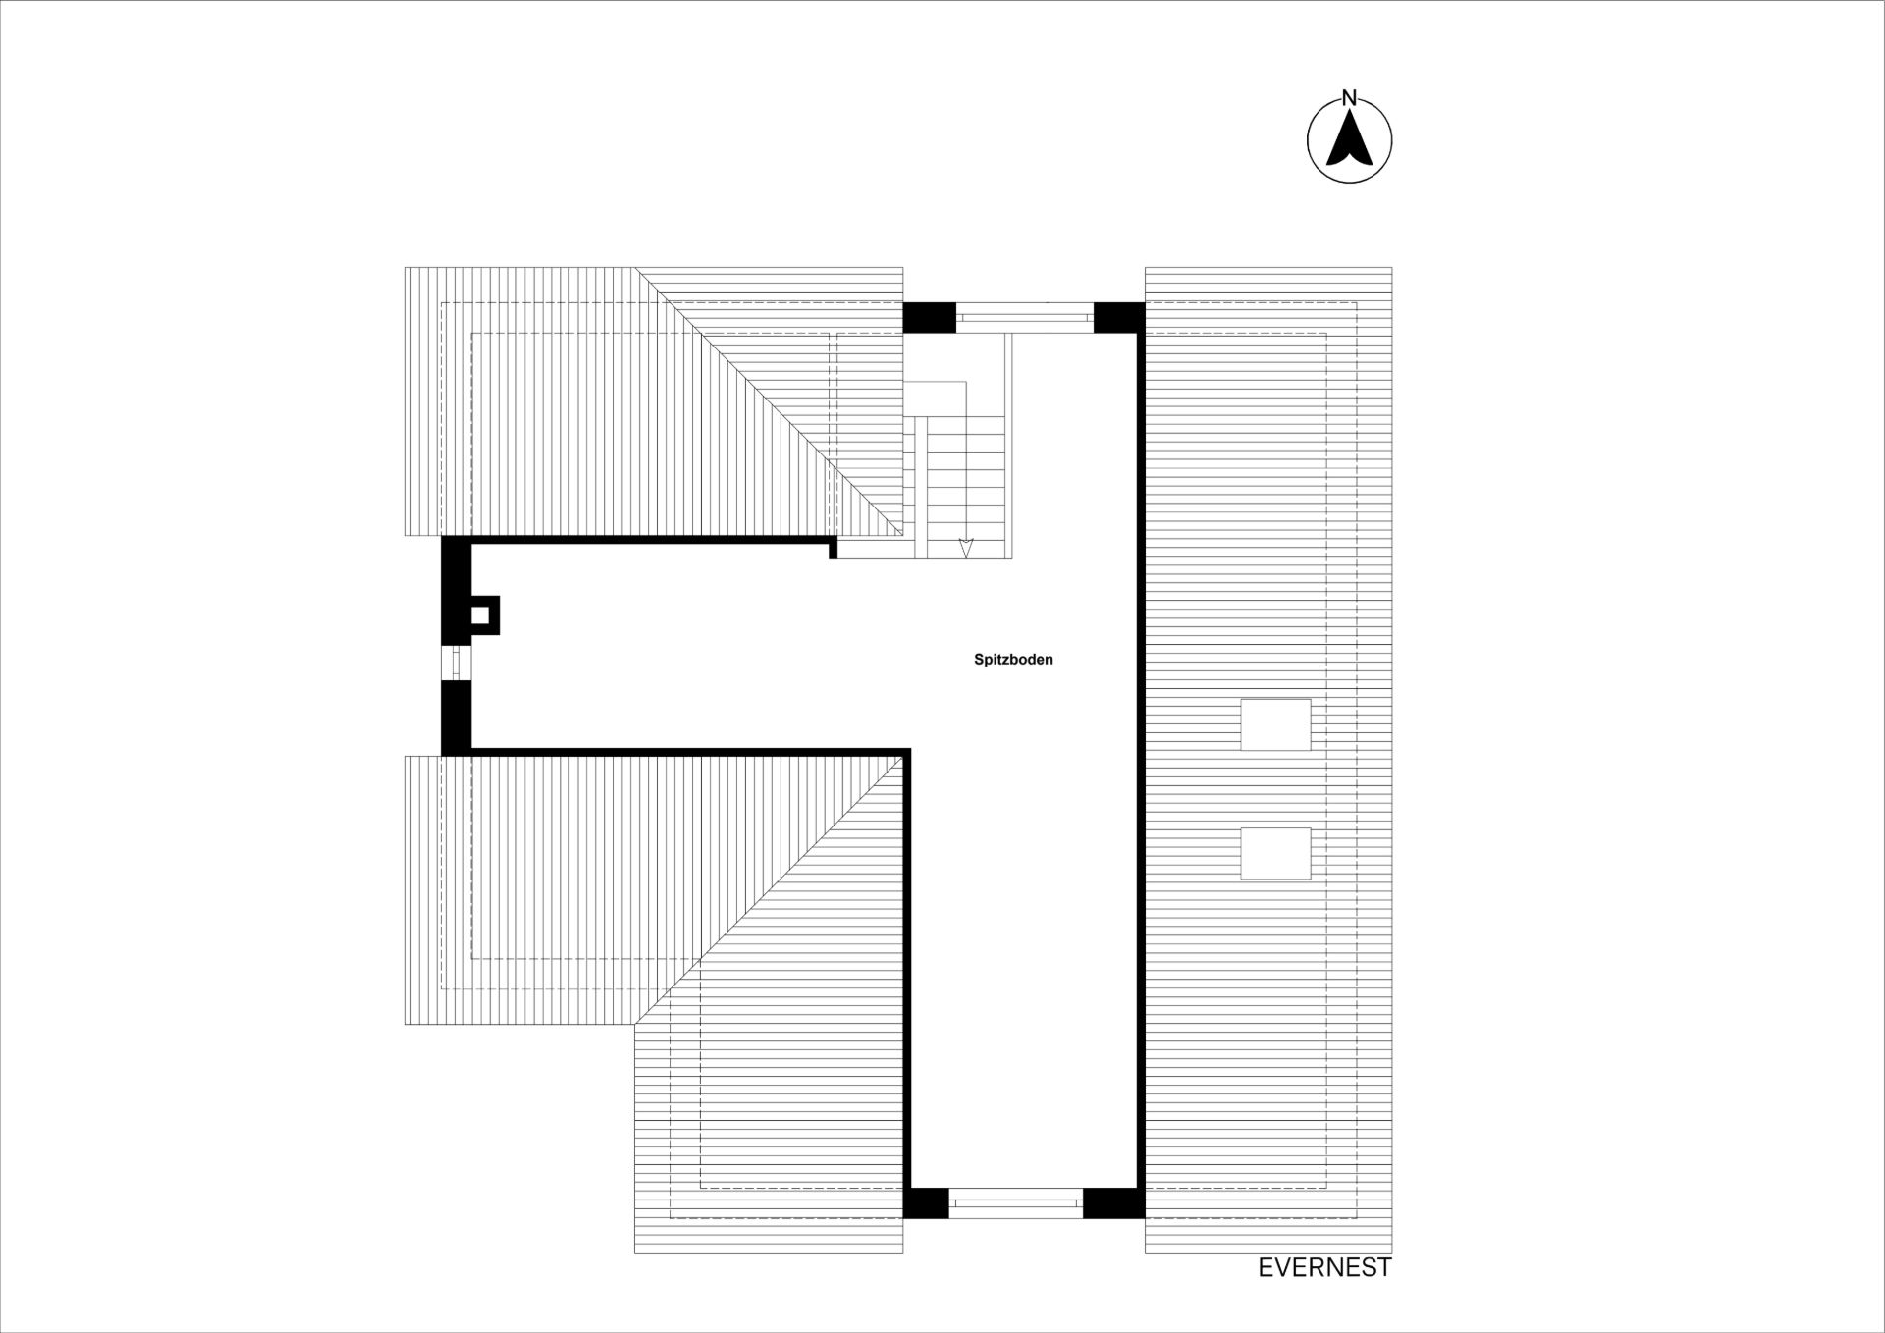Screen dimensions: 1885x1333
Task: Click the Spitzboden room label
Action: coord(1013,660)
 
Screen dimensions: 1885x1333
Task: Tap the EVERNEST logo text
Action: coord(1324,1268)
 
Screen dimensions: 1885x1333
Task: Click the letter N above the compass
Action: coord(1349,98)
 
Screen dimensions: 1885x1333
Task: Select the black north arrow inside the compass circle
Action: coord(1350,138)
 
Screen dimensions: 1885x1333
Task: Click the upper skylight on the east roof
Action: coord(1275,724)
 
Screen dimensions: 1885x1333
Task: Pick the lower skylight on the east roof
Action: coord(1275,853)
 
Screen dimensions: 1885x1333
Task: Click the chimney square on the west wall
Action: coord(480,615)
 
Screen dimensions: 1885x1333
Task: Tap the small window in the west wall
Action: coord(456,663)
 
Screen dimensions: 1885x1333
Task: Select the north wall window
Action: coord(1024,317)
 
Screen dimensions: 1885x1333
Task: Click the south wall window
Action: coord(1015,1202)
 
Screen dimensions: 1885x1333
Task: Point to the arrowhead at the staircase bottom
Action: coord(966,548)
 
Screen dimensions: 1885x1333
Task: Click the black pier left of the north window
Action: coord(929,317)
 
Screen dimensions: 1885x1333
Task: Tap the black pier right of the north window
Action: coord(1119,317)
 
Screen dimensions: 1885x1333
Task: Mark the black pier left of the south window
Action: coord(926,1202)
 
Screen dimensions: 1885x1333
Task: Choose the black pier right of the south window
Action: coord(1113,1202)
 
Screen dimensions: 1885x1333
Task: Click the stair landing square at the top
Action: coord(935,399)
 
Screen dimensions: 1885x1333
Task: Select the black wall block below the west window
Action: coord(456,718)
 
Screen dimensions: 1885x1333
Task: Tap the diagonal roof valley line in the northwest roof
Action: coord(769,400)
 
